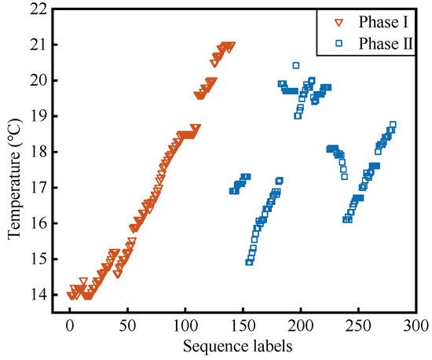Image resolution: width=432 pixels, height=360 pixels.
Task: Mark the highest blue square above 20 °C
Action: pyautogui.click(x=296, y=65)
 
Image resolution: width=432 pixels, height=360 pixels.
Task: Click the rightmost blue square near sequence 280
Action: pyautogui.click(x=393, y=124)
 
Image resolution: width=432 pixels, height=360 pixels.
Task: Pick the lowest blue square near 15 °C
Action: pyautogui.click(x=249, y=262)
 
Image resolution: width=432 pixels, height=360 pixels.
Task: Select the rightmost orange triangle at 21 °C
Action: pyautogui.click(x=231, y=46)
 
